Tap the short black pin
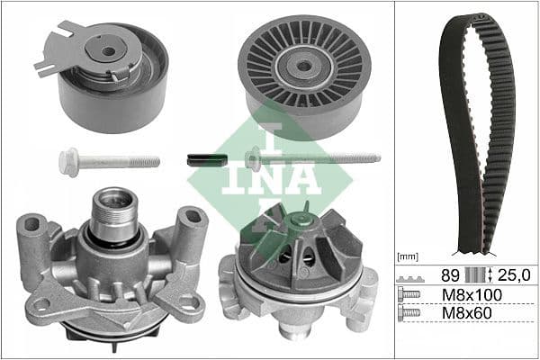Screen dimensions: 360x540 pos(204,159)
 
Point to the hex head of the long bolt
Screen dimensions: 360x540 pos(255,160)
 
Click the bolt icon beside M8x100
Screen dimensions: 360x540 pos(409,294)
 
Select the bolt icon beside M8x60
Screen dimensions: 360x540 pos(409,313)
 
